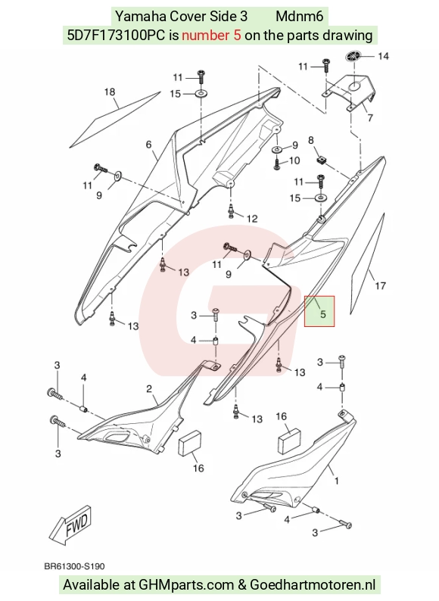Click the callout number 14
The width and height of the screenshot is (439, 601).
click(x=383, y=56)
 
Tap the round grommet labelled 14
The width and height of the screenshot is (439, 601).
click(x=353, y=56)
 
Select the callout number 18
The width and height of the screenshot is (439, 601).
click(x=110, y=92)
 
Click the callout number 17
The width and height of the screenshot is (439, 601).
click(x=380, y=285)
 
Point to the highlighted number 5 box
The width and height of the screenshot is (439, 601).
click(x=319, y=311)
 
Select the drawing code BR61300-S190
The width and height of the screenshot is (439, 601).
click(x=74, y=566)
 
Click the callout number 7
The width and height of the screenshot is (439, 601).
click(x=370, y=117)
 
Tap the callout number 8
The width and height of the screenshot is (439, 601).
click(x=311, y=140)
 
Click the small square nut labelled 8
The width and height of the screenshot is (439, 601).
click(x=321, y=160)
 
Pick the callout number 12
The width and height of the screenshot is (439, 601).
click(x=252, y=219)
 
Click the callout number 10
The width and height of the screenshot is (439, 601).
click(x=294, y=160)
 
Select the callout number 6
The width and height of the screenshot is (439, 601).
click(x=149, y=145)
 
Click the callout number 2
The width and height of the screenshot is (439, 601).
click(x=149, y=389)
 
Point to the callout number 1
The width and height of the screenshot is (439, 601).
click(x=337, y=481)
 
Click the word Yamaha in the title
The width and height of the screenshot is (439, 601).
click(x=141, y=16)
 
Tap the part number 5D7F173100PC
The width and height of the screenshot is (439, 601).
click(x=115, y=36)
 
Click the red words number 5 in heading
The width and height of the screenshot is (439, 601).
click(x=211, y=36)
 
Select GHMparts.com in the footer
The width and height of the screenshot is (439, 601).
click(x=186, y=585)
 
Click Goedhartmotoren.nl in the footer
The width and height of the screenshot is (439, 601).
click(x=313, y=585)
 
